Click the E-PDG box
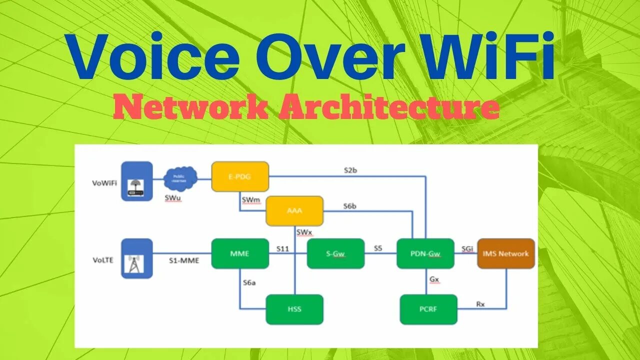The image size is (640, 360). coord(240,176)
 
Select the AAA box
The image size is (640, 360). coord(294,210)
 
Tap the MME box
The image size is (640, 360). coord(240,253)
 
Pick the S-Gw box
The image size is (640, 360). coord(335,253)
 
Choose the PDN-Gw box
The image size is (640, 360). coord(425,253)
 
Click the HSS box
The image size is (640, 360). coord(294,309)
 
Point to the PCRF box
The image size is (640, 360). coord(428,309)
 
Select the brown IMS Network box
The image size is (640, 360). coord(505,253)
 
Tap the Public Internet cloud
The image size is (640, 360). coord(180,178)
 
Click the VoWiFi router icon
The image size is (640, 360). coord(137,181)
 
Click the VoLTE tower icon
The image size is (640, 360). coord(137,258)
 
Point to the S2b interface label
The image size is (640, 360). coord(350,170)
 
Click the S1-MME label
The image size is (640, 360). coord(183,260)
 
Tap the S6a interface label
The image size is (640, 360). coord(249,283)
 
